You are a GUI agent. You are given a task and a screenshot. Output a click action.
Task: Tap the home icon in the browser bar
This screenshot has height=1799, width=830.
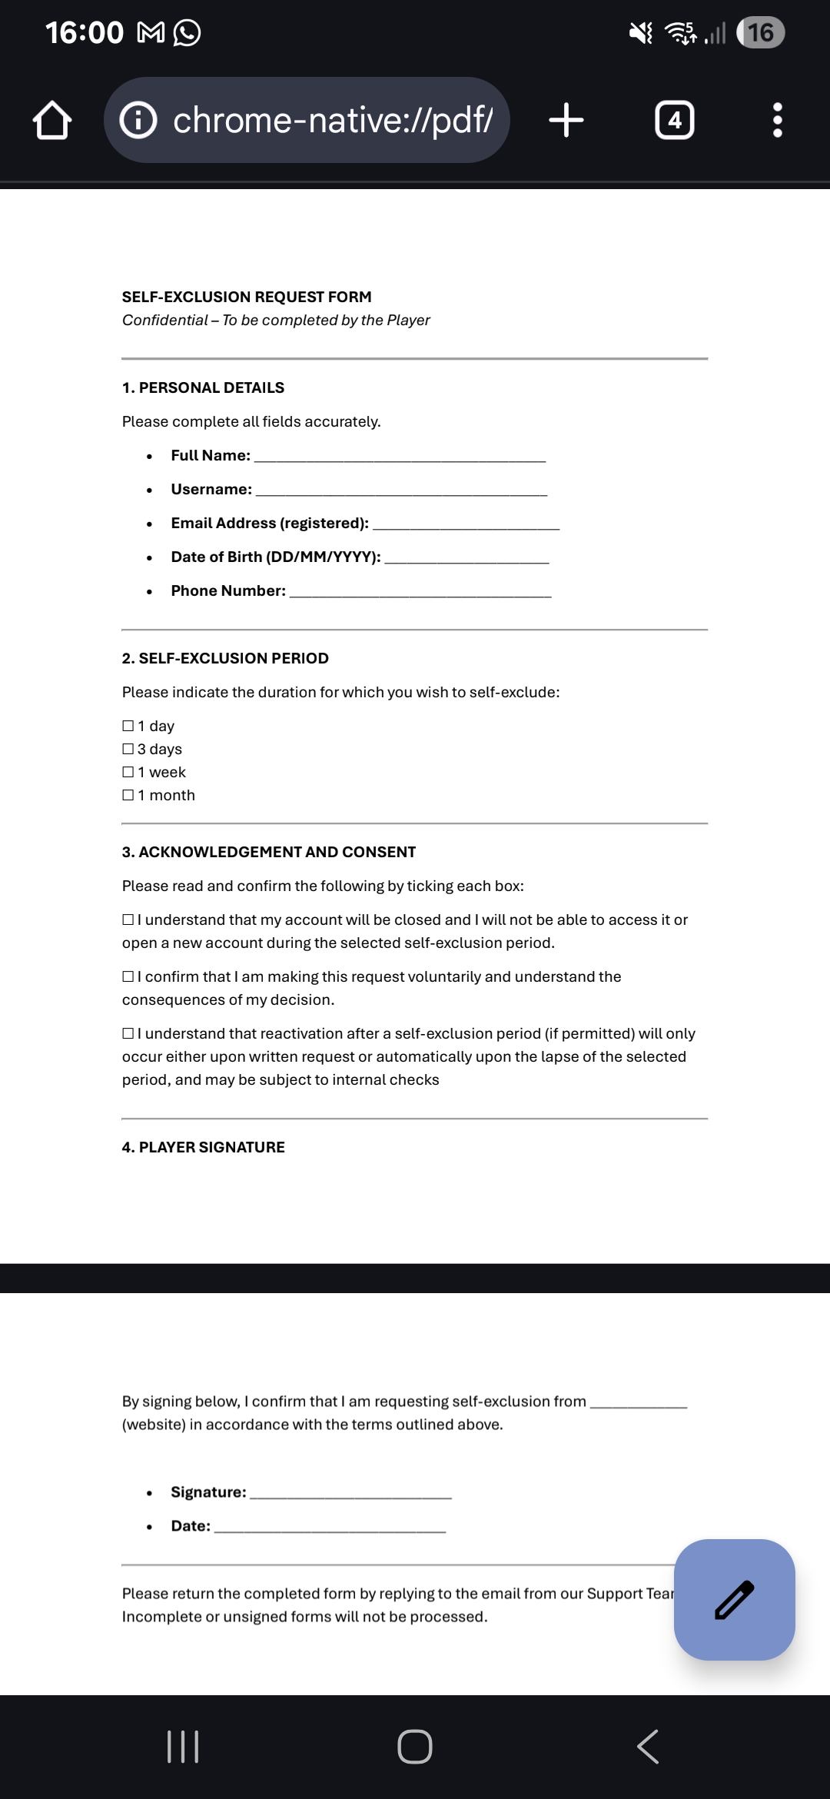[x=52, y=121]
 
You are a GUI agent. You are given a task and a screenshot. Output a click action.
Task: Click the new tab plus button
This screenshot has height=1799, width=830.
[x=566, y=120]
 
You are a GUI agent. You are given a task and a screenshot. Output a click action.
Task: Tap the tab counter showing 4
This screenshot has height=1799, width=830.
[x=674, y=120]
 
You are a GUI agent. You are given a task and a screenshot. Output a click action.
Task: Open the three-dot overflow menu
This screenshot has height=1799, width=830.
[x=777, y=120]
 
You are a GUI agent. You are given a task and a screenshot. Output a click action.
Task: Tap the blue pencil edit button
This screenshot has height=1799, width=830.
[x=734, y=1599]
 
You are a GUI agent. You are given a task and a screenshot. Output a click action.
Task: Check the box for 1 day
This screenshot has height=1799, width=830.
[x=128, y=726]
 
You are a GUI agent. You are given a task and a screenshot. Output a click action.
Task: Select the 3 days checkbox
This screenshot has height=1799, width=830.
[x=128, y=749]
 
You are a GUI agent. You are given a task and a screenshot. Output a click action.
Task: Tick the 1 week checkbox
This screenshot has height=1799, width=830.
[x=128, y=772]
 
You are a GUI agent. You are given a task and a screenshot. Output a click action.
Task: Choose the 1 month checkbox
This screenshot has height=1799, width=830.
[x=128, y=795]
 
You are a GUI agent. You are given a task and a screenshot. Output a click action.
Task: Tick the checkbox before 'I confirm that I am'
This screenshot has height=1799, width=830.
[x=128, y=976]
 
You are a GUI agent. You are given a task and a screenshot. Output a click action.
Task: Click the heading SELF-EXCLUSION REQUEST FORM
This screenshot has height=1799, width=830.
[x=247, y=297]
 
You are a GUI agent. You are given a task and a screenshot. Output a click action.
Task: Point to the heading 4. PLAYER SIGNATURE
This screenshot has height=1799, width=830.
[x=203, y=1147]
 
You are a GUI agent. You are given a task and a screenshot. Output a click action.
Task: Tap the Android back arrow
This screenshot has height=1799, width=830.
[x=648, y=1747]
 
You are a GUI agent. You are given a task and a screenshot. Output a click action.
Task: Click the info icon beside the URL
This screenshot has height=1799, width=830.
[x=138, y=120]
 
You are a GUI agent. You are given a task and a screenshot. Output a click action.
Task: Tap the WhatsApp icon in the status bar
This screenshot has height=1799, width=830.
[x=187, y=32]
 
